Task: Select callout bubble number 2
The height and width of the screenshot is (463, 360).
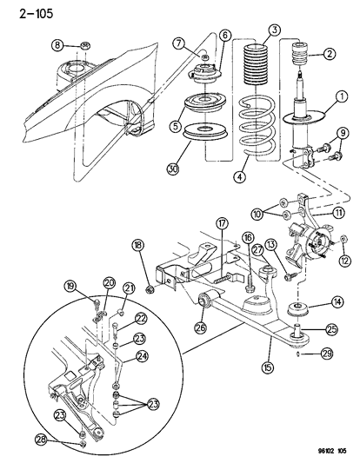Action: [x=328, y=54]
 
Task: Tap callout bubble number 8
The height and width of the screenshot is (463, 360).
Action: [x=57, y=45]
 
